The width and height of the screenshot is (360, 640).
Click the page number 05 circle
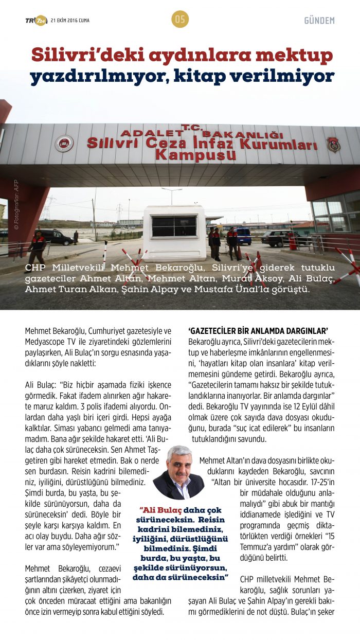(180, 20)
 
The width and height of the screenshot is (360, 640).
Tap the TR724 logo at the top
(36, 20)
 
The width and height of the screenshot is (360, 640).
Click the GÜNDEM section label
(319, 21)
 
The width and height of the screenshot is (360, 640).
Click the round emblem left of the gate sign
(64, 143)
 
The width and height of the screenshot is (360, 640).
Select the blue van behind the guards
(243, 236)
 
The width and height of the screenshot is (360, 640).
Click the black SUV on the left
(56, 237)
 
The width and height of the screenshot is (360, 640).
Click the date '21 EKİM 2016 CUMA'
(69, 20)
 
